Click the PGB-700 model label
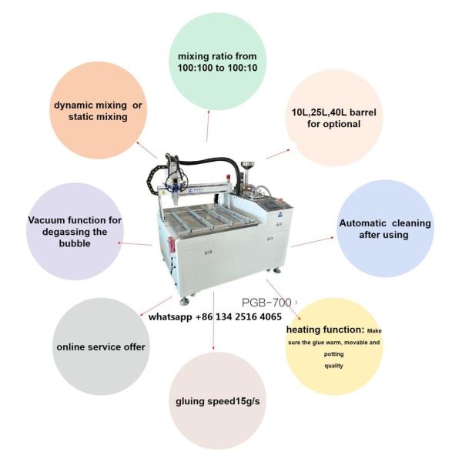(x=266, y=302)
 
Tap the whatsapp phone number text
(x=215, y=316)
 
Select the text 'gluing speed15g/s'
(x=218, y=401)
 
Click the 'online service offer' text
(x=101, y=346)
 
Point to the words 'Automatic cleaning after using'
(x=385, y=229)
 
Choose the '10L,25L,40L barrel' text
(x=334, y=112)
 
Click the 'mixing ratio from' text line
(x=217, y=56)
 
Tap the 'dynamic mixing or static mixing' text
(x=98, y=111)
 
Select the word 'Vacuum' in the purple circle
(x=46, y=220)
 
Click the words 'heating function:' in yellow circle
(x=325, y=330)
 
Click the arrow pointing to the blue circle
(x=313, y=242)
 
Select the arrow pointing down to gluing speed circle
(x=213, y=321)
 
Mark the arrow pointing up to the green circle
(x=208, y=126)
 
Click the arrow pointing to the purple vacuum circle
(x=135, y=243)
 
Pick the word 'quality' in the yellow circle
(x=334, y=366)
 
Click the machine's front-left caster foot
(x=185, y=301)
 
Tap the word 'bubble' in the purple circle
(x=75, y=243)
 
